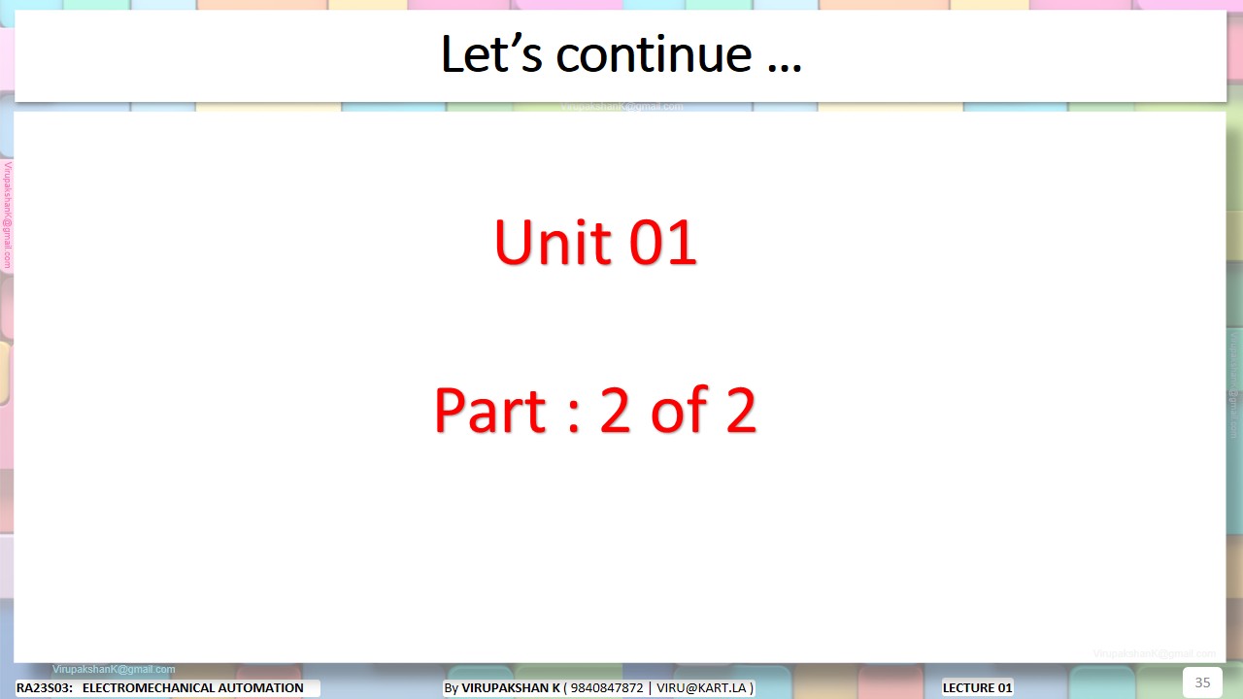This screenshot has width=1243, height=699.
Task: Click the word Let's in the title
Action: coord(491,54)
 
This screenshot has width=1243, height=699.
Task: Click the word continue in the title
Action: coord(654,54)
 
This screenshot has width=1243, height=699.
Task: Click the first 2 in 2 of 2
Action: coord(616,411)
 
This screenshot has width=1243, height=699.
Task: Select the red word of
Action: coord(679,411)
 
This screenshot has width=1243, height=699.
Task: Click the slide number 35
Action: coord(1202,682)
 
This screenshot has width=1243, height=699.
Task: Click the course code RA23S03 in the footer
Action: coord(44,688)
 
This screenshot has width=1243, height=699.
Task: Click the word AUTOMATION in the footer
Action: coord(265,688)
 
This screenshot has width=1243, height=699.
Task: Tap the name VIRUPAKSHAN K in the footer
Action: coord(511,688)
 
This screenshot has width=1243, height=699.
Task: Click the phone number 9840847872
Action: coord(607,688)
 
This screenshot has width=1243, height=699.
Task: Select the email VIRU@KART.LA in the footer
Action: coord(701,688)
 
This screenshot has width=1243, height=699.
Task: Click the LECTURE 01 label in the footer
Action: coord(977,688)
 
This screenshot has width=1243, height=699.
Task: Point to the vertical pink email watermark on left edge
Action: coord(8,216)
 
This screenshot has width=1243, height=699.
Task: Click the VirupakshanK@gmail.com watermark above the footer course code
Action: coord(114,669)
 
